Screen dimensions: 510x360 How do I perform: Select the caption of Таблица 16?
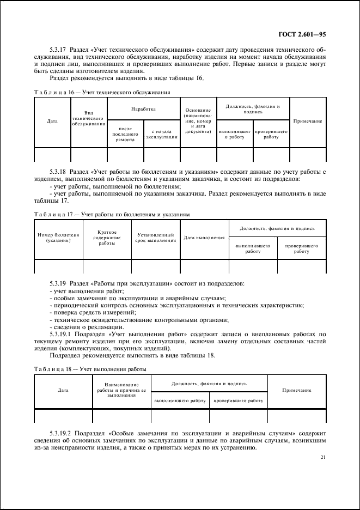[x=102, y=93]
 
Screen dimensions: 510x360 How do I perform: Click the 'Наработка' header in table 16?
[x=144, y=109]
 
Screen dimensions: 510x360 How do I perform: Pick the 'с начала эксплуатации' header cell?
[x=162, y=134]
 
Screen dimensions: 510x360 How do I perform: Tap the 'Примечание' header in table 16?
[x=308, y=121]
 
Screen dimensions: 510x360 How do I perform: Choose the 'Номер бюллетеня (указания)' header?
[x=58, y=238]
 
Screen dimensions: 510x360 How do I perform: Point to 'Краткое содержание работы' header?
[x=107, y=238]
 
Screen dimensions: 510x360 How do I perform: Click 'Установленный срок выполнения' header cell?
[x=156, y=238]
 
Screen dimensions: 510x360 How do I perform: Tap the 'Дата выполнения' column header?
[x=204, y=238]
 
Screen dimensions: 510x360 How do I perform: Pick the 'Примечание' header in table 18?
[x=297, y=391]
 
